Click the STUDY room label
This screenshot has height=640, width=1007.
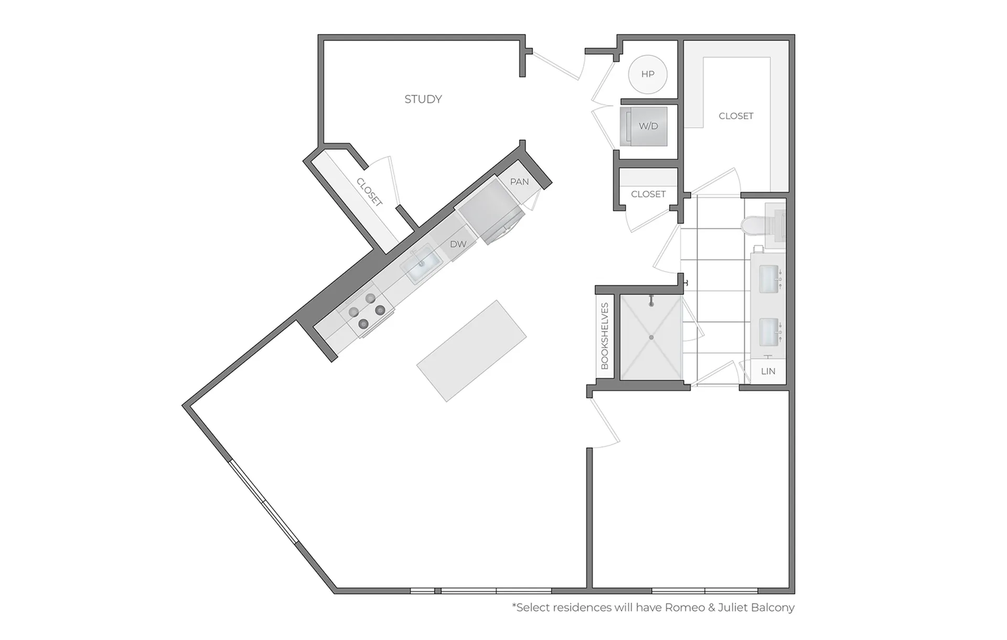(423, 99)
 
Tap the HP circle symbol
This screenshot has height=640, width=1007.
(648, 74)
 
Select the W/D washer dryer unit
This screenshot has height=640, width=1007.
(644, 126)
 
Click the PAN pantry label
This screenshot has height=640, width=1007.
(519, 182)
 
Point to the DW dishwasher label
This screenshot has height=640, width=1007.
(458, 244)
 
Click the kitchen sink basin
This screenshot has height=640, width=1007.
(421, 263)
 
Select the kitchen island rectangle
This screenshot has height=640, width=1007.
(472, 351)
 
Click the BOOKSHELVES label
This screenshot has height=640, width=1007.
(605, 336)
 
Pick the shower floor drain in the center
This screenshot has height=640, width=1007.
(651, 337)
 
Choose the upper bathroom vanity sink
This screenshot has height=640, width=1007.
(769, 279)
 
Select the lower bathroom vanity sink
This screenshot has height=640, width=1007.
(769, 332)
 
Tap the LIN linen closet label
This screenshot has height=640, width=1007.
(768, 371)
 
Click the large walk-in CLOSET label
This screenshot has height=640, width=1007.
(736, 116)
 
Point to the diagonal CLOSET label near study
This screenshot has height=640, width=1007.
(369, 192)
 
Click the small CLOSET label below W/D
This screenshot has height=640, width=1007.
(648, 194)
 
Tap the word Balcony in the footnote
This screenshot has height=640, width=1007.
(773, 608)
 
